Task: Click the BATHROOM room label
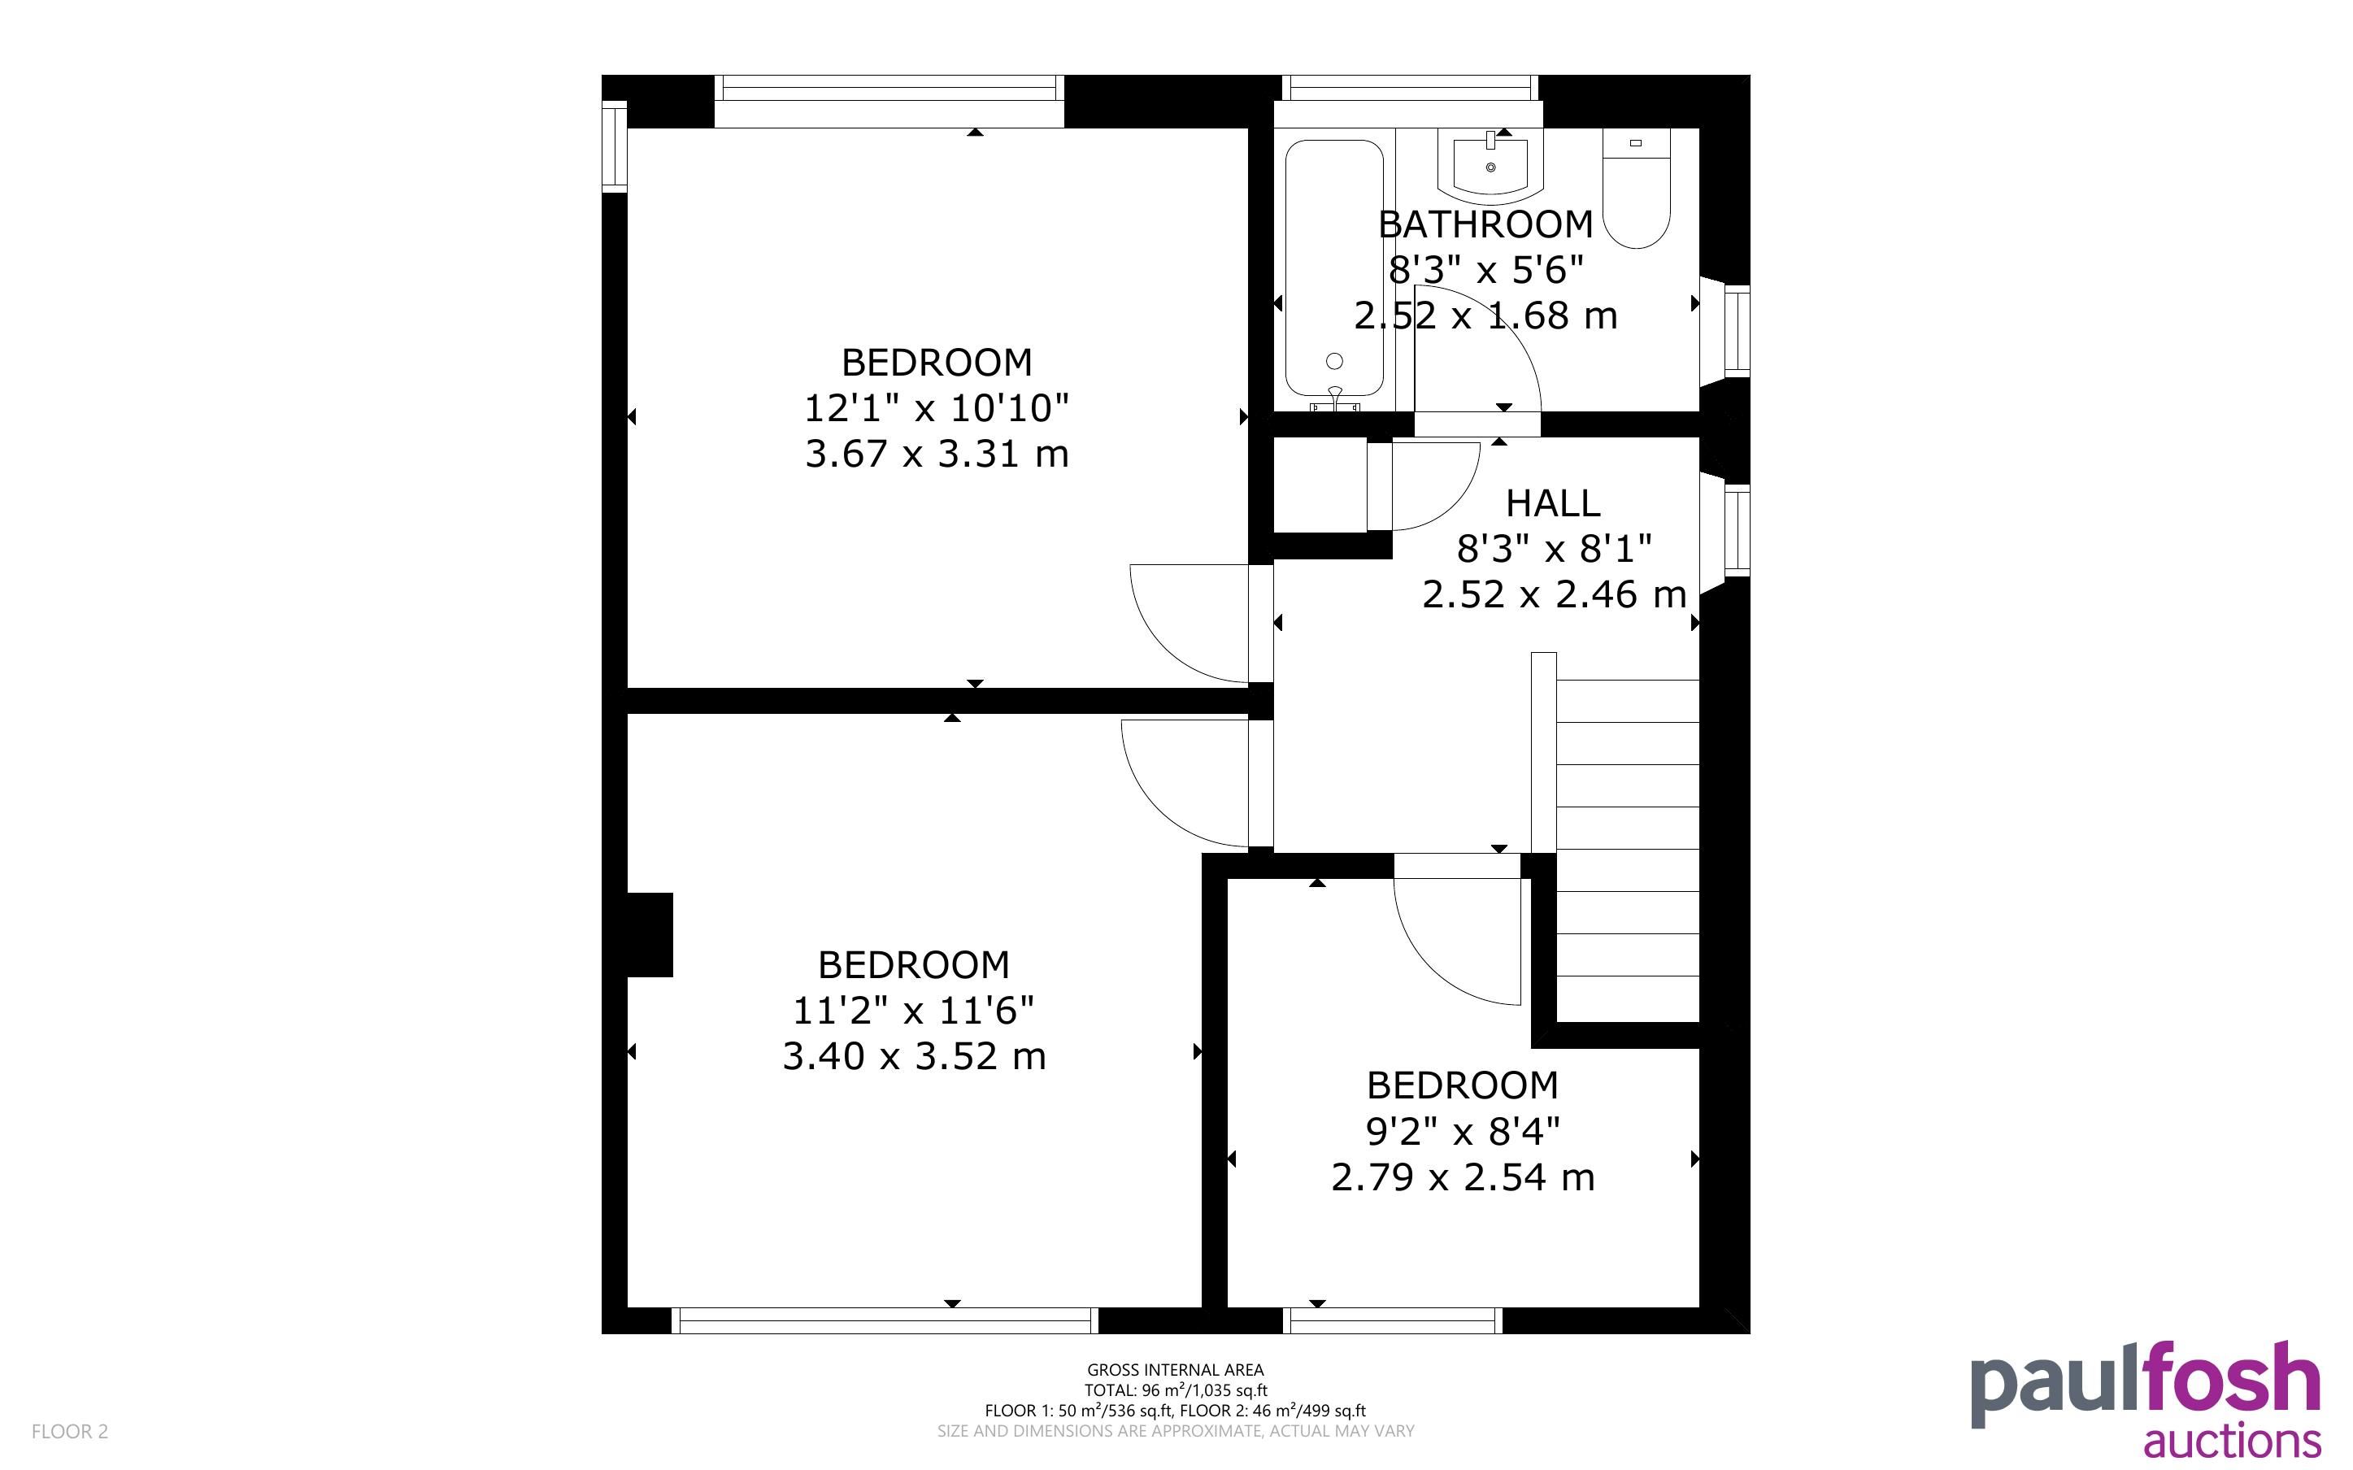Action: tap(1485, 224)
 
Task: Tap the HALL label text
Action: tap(1552, 503)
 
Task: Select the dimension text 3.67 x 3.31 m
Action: tap(936, 454)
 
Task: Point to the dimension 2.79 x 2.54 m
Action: tap(1463, 1177)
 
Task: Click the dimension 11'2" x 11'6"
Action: tap(914, 1011)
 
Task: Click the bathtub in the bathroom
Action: tap(1334, 269)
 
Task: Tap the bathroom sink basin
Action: tap(1490, 166)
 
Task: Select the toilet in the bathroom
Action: tap(1636, 188)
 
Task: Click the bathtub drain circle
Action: tap(1334, 361)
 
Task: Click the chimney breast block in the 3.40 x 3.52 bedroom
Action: tap(650, 934)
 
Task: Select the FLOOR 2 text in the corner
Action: tap(70, 1431)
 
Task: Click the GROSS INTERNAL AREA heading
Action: tap(1175, 1370)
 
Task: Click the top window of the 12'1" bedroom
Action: tap(889, 101)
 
